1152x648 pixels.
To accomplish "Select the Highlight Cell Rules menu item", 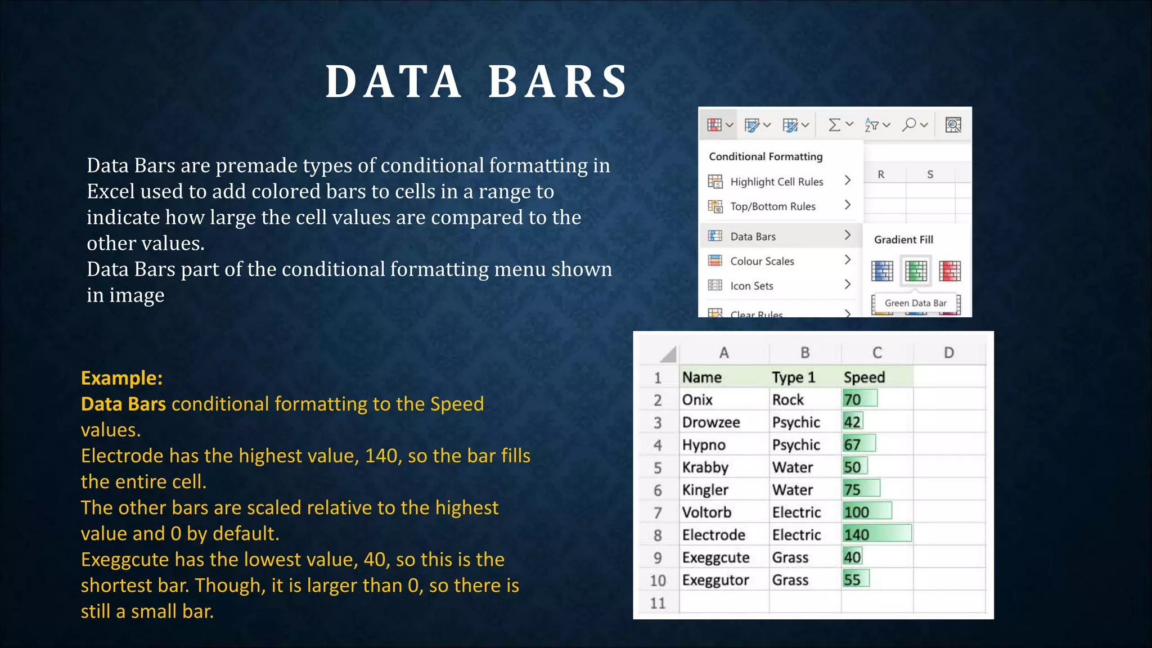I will pyautogui.click(x=776, y=182).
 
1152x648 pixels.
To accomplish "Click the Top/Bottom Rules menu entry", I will pyautogui.click(x=772, y=206).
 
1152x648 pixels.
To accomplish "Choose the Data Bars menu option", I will pyautogui.click(x=753, y=236).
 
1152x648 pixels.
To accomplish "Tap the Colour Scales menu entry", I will pyautogui.click(x=762, y=261).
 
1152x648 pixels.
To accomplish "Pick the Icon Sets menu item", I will pyautogui.click(x=751, y=286).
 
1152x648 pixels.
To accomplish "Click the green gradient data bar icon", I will pyautogui.click(x=915, y=271).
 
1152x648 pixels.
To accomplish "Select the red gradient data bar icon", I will pyautogui.click(x=949, y=271).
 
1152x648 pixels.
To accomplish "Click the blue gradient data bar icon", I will pyautogui.click(x=882, y=271).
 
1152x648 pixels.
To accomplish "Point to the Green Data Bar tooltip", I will pyautogui.click(x=915, y=303).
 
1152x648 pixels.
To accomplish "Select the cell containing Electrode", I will pyautogui.click(x=713, y=534).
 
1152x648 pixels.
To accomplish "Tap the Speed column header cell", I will pyautogui.click(x=865, y=377).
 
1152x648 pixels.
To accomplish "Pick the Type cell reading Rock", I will pyautogui.click(x=788, y=399).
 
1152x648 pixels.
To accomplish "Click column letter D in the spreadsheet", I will pyautogui.click(x=949, y=353).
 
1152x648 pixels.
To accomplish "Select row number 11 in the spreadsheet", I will pyautogui.click(x=658, y=603).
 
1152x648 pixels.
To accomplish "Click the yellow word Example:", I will pyautogui.click(x=121, y=378).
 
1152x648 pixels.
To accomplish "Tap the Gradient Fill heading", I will pyautogui.click(x=903, y=240).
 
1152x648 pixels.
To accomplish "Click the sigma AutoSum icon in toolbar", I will pyautogui.click(x=835, y=125).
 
